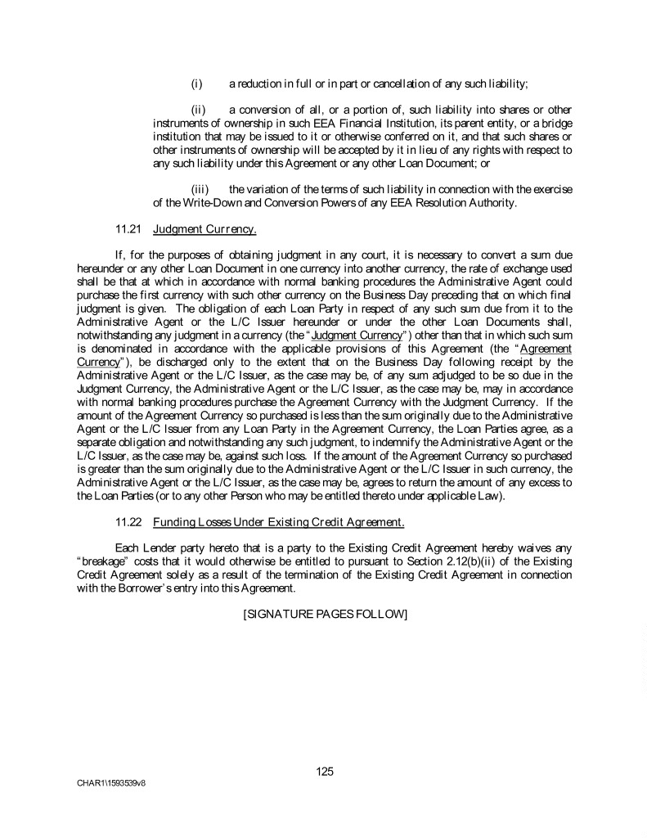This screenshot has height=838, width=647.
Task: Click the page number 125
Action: coord(325,771)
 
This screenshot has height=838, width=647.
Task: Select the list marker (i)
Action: coord(196,83)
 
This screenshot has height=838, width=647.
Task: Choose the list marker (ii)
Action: coord(198,110)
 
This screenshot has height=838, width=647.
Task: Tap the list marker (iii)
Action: coord(200,189)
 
